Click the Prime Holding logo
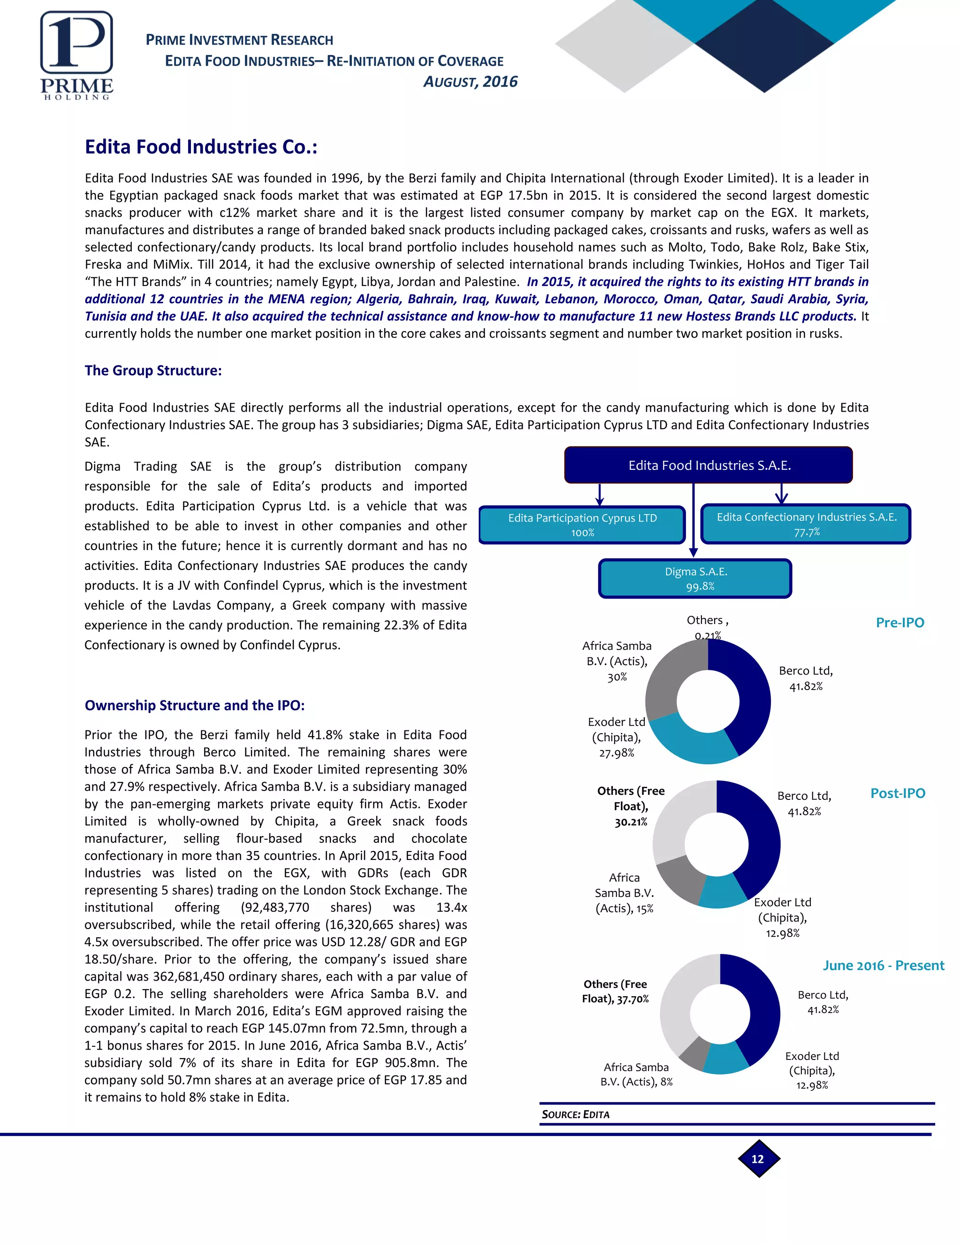point(76,55)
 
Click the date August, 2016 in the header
point(470,82)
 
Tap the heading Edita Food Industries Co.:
point(201,147)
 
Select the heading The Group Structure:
point(153,371)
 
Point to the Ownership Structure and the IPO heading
point(195,706)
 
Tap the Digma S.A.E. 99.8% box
point(695,579)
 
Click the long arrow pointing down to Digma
point(693,518)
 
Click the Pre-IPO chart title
point(900,622)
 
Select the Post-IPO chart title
point(897,793)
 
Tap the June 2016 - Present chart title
point(883,966)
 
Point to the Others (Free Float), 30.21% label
point(630,806)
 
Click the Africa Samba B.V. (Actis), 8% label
point(636,1074)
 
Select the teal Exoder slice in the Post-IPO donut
point(721,892)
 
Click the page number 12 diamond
point(758,1159)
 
